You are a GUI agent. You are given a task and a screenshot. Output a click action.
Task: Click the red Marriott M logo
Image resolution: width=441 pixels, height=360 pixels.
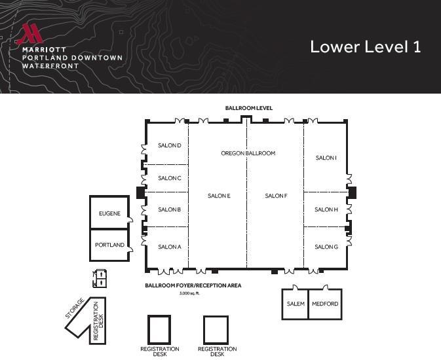[29, 34]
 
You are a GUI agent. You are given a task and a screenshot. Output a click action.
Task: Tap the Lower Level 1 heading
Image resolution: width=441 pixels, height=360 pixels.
[366, 46]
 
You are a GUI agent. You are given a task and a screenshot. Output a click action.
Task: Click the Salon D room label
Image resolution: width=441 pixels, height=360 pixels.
[169, 145]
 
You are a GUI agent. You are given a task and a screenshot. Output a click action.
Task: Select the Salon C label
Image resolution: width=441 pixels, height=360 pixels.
[169, 178]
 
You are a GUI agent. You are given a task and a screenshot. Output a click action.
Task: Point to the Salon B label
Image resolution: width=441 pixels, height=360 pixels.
[169, 209]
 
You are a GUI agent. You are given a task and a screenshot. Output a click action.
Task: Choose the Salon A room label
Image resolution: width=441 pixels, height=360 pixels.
[169, 247]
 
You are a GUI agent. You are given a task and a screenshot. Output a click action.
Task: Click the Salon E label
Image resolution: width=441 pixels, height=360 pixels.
[219, 196]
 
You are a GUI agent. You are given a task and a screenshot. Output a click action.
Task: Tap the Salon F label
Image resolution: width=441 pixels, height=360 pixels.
[276, 196]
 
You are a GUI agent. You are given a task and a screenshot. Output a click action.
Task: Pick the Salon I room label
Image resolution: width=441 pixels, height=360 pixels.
[326, 158]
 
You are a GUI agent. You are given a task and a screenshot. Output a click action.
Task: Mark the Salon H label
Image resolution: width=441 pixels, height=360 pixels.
[326, 209]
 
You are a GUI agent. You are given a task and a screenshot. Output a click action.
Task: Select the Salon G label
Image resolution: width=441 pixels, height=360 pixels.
[326, 247]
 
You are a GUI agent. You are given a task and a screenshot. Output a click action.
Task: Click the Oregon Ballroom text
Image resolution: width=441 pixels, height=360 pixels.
[248, 153]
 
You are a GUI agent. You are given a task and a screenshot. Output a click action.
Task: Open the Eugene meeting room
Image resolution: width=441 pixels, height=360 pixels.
[109, 213]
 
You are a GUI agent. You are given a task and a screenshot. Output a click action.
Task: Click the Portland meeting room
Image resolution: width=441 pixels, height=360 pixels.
[109, 245]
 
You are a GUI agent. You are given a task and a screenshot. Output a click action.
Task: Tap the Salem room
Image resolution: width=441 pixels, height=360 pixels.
[296, 304]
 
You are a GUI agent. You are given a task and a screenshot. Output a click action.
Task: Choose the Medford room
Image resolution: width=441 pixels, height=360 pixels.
[325, 304]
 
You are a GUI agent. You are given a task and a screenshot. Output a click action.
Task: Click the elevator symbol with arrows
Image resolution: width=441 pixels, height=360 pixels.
[100, 278]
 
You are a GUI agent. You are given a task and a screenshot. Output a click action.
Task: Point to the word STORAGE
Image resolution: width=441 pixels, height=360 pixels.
[75, 308]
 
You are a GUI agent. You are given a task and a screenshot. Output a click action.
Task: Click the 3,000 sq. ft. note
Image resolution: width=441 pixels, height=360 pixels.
[189, 293]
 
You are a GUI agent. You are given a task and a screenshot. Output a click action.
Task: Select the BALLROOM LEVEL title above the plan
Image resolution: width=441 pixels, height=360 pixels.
[249, 108]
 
